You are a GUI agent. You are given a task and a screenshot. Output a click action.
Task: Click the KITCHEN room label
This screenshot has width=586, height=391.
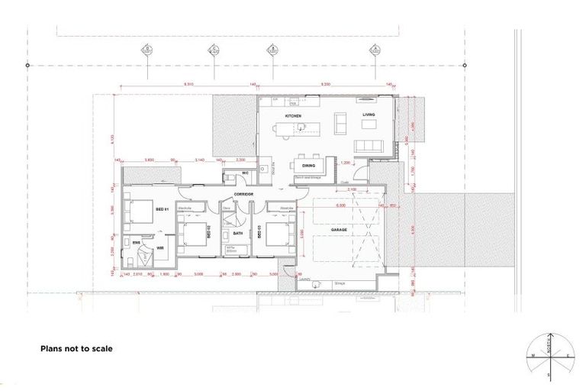click(x=293, y=116)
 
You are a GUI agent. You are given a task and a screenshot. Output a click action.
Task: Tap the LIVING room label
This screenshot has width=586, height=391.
click(x=369, y=115)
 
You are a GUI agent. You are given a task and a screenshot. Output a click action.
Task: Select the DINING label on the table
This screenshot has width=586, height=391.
click(x=308, y=165)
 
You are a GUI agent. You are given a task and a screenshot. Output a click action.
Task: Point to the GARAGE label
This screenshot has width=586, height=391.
click(x=339, y=229)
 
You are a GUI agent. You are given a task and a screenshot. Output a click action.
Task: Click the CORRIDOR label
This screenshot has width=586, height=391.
click(x=243, y=194)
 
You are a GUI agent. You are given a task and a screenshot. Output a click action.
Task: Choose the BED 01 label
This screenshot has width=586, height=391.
click(x=162, y=208)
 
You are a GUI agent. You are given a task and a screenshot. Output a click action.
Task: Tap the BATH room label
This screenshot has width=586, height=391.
click(x=237, y=234)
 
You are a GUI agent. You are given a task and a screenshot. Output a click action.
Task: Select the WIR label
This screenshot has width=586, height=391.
click(x=160, y=248)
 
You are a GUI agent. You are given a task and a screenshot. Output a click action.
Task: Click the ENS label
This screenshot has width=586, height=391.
click(x=137, y=242)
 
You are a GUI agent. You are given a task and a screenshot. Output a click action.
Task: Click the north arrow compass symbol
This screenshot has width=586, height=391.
click(x=549, y=356)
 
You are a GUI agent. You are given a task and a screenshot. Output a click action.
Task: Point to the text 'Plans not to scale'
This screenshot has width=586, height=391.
click(x=76, y=348)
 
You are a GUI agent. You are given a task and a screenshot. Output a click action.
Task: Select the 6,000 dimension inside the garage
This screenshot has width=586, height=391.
click(x=341, y=205)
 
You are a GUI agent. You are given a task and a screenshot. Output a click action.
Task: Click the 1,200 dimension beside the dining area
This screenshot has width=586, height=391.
click(x=345, y=163)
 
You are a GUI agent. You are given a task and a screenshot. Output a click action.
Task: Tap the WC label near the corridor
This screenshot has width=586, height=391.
click(x=245, y=173)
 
